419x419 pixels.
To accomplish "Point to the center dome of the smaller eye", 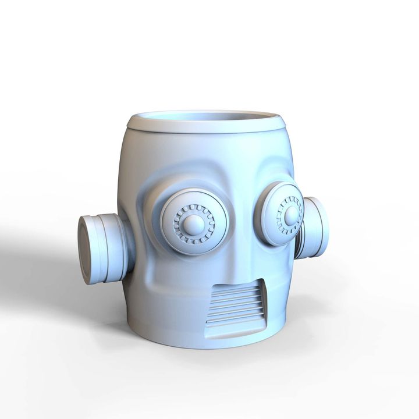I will click(x=289, y=215).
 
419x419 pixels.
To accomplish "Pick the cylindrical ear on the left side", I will click(x=105, y=247).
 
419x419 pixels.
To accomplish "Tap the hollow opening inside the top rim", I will click(x=207, y=116).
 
